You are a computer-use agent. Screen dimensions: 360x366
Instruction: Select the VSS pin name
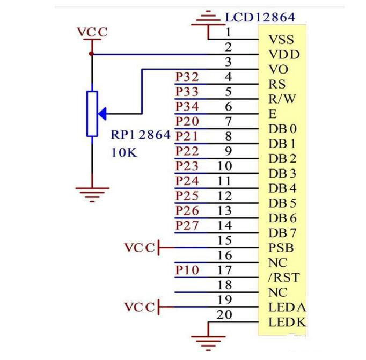(281, 39)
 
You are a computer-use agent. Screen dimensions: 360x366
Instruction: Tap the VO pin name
(278, 69)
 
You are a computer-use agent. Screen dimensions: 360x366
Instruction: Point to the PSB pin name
(280, 248)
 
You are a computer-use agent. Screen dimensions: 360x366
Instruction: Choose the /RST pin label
(283, 278)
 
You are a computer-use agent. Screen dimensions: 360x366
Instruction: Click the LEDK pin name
(287, 322)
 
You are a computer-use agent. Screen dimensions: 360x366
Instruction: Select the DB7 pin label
(282, 233)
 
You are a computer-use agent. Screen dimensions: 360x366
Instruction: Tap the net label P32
(187, 77)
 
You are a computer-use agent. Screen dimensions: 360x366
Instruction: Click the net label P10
(187, 270)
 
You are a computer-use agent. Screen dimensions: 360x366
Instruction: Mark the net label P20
(187, 122)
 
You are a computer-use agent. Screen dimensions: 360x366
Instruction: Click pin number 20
(224, 314)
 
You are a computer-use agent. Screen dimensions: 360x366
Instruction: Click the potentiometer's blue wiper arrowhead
(104, 113)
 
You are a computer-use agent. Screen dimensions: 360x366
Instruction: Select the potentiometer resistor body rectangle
(92, 113)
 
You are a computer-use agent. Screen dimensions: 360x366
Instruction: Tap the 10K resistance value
(125, 152)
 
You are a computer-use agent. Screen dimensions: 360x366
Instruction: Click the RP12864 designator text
(141, 136)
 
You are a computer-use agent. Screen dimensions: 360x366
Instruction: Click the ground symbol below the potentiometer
(92, 192)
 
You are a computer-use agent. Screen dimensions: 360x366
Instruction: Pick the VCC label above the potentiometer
(92, 32)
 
